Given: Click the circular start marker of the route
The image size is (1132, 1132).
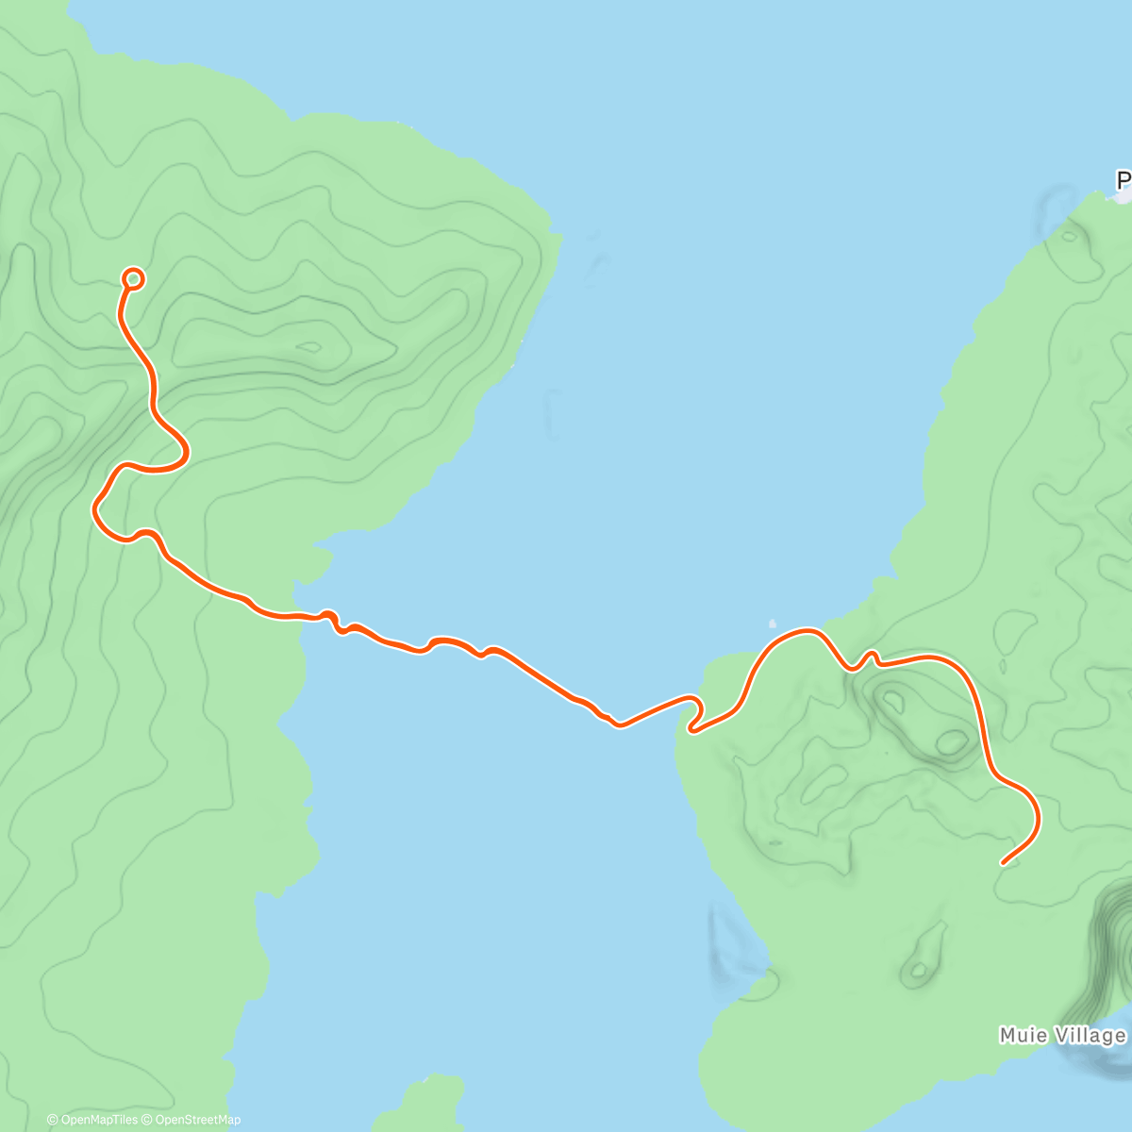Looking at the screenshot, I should pyautogui.click(x=133, y=278).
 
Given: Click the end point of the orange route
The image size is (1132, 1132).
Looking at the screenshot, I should pyautogui.click(x=1003, y=862).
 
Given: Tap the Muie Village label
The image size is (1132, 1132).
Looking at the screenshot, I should pyautogui.click(x=1062, y=1036).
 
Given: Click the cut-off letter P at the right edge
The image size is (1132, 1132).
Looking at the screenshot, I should pyautogui.click(x=1123, y=180).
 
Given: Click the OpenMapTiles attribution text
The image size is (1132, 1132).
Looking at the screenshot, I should pyautogui.click(x=98, y=1120).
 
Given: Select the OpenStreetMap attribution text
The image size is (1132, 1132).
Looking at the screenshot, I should pyautogui.click(x=198, y=1120).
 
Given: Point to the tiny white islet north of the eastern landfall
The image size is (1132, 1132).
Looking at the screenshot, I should pyautogui.click(x=773, y=624).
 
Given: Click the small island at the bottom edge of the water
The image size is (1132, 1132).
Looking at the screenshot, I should pyautogui.click(x=424, y=1104).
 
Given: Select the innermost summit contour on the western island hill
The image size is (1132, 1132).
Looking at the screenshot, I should pyautogui.click(x=311, y=346).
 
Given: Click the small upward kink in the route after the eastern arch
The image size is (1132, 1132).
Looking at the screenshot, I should pyautogui.click(x=872, y=655).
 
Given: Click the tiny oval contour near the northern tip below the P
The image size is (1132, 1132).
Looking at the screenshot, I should pyautogui.click(x=1068, y=236).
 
